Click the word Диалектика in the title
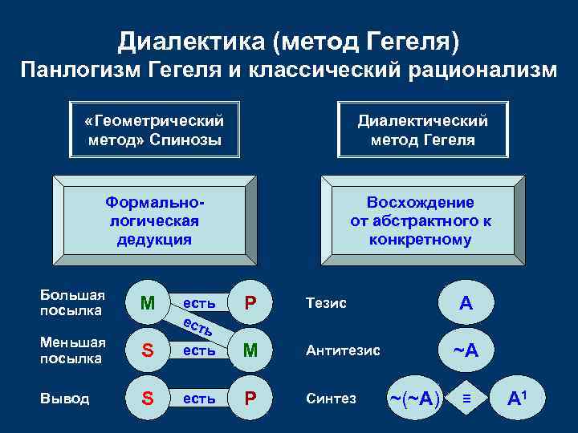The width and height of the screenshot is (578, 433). [x=181, y=40]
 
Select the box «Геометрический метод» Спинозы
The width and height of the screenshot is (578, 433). [x=153, y=130]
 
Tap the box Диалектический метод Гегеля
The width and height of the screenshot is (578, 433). [x=422, y=130]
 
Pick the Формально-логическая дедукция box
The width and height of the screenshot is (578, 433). [x=154, y=221]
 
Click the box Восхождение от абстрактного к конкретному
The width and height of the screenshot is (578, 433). [x=421, y=221]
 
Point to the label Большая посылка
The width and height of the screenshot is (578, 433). [x=72, y=302]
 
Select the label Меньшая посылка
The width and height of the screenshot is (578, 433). [x=73, y=350]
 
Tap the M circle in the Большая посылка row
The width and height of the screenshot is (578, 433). [x=148, y=303]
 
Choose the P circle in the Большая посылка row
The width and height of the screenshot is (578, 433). [x=250, y=303]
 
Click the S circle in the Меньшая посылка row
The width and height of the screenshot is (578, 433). [x=148, y=350]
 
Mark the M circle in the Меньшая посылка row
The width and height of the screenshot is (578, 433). [x=250, y=350]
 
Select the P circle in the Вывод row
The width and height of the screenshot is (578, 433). [x=250, y=399]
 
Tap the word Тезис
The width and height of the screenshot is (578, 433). [x=326, y=303]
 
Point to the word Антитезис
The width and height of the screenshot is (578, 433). [x=343, y=350]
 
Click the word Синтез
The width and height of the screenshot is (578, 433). [x=331, y=399]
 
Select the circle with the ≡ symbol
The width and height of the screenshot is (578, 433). [x=465, y=399]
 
